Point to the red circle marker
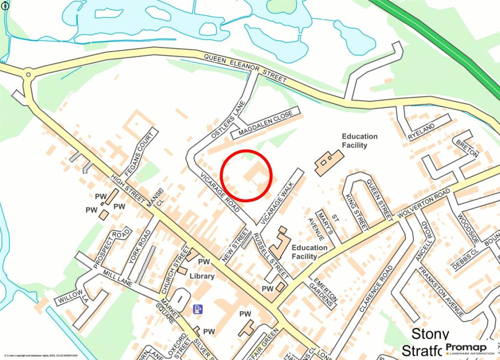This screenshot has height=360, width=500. (246, 175)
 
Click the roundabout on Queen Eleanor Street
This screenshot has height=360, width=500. (28, 75)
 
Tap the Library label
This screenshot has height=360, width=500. (202, 276)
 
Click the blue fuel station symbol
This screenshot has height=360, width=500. (198, 309)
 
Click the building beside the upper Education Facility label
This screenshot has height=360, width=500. (329, 162)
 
